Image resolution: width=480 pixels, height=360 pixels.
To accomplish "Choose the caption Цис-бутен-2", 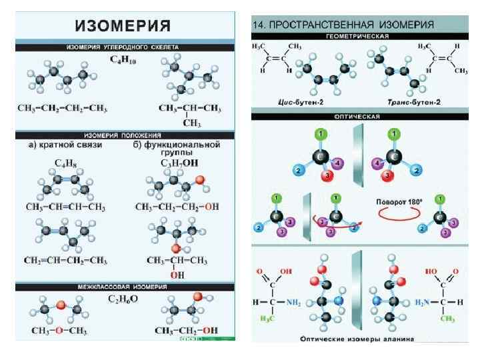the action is (x=301, y=102).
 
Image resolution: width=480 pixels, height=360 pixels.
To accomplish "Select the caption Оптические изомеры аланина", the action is (x=357, y=339).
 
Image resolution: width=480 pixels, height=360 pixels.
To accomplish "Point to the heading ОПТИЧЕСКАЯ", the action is (x=358, y=115).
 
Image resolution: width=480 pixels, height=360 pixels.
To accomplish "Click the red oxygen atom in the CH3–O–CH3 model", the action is (x=59, y=305).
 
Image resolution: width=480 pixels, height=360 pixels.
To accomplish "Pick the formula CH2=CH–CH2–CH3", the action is (x=64, y=260).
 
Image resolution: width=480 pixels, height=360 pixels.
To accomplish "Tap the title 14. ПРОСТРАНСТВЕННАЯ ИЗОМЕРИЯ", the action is (x=343, y=25).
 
